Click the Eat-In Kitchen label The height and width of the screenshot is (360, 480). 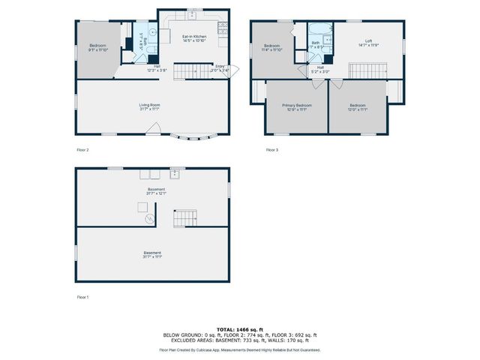194,38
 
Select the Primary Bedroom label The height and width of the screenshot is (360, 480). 297,107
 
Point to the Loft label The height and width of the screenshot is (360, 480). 368,43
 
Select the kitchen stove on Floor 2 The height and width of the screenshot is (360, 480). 222,28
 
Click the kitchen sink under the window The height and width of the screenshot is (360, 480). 192,14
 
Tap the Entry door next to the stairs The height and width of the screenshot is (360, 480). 234,71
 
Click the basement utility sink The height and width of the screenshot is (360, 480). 175,175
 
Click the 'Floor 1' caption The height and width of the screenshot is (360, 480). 82,298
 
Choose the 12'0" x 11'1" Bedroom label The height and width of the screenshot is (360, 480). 357,107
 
